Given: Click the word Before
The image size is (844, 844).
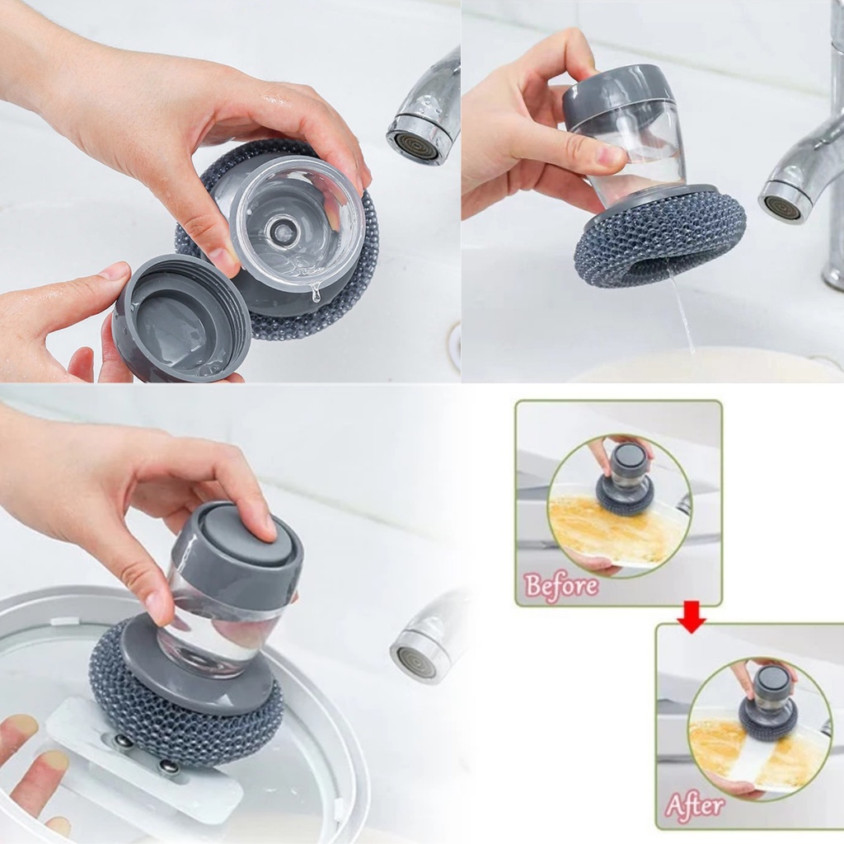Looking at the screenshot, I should click(x=561, y=586).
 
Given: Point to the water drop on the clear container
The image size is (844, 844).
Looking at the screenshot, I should click(x=315, y=293).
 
